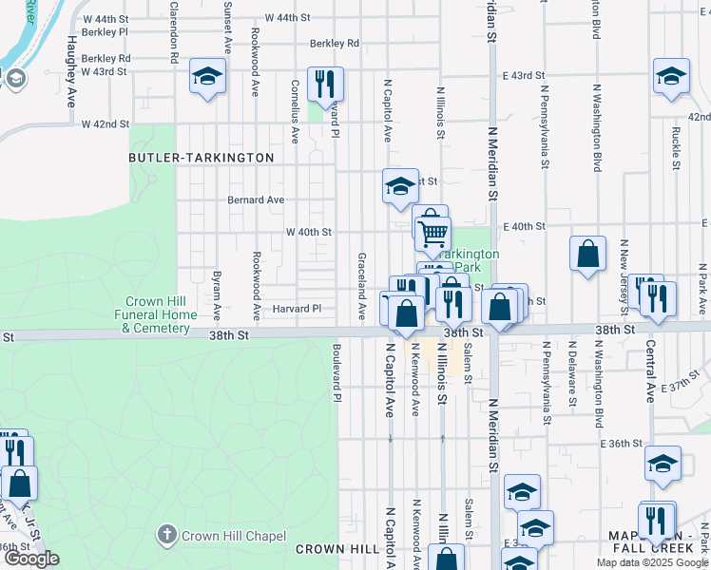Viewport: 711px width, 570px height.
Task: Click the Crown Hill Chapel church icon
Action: click(x=167, y=536)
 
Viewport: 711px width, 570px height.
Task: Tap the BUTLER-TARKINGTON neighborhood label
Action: click(x=202, y=158)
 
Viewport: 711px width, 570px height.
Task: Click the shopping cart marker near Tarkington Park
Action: click(x=432, y=231)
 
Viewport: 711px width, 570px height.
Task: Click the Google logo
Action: click(x=31, y=559)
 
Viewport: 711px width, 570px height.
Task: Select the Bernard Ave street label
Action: click(x=256, y=200)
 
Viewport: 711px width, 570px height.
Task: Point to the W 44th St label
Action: click(x=288, y=18)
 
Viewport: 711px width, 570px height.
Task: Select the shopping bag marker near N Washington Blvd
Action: click(x=588, y=254)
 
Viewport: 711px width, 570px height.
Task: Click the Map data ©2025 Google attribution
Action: click(x=652, y=562)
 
